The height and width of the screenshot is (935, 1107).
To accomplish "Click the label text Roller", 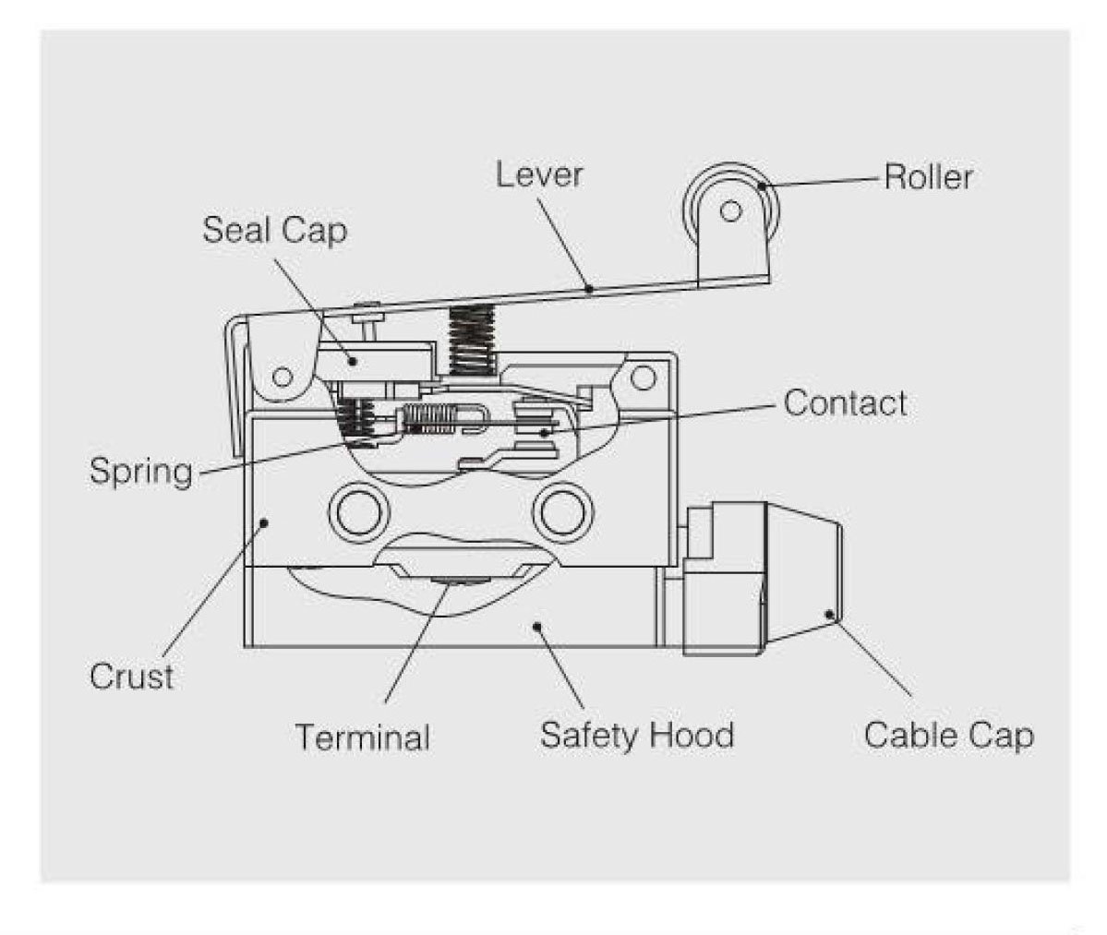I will (x=928, y=176).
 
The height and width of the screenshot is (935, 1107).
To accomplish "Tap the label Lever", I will (x=539, y=174).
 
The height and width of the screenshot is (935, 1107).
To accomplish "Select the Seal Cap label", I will (x=274, y=230).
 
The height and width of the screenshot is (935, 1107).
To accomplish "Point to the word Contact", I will (x=845, y=403).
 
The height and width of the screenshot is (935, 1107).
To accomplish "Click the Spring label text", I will (x=141, y=472).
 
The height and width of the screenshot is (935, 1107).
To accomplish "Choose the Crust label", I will (x=131, y=677).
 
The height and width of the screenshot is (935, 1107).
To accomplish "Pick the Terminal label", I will (x=363, y=737).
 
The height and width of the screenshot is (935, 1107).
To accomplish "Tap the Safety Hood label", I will (x=637, y=736).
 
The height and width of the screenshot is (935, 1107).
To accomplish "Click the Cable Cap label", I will (x=949, y=736).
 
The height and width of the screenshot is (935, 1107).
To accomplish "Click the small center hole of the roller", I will (x=730, y=212).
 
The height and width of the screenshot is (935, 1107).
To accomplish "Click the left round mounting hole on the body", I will (x=355, y=510).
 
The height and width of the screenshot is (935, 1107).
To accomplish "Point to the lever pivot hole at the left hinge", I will (x=283, y=377).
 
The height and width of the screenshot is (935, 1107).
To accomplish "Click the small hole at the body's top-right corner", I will (x=643, y=377).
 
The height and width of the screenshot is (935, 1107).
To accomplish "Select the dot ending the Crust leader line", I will (x=265, y=522).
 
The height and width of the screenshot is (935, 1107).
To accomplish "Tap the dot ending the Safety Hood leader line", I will (x=536, y=627).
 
